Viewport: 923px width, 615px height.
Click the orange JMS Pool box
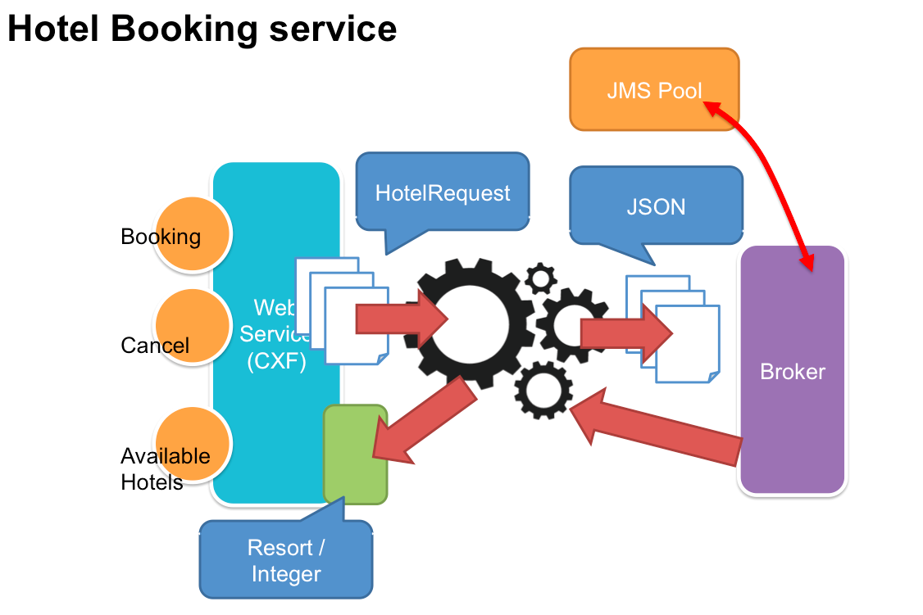[654, 89]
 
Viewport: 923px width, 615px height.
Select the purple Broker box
[792, 370]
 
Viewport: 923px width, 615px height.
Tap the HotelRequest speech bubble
[443, 193]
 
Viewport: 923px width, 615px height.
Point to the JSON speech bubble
[656, 206]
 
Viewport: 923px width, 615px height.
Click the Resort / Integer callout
[285, 560]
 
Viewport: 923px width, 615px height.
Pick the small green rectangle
[355, 454]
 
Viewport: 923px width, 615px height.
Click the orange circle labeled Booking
[193, 235]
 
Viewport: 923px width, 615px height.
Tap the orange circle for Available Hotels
[193, 445]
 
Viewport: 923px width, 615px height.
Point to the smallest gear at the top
[540, 279]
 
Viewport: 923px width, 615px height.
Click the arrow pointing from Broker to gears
[656, 430]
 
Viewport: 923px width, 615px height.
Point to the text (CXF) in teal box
[276, 361]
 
